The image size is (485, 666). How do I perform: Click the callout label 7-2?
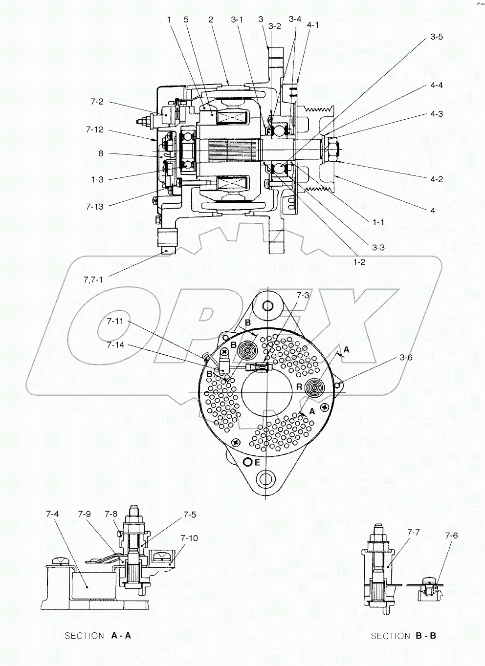click(x=97, y=102)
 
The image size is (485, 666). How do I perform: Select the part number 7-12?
click(x=94, y=129)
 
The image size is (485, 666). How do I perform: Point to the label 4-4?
click(x=437, y=86)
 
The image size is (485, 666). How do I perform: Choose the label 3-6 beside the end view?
click(x=406, y=358)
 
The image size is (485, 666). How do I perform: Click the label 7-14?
click(x=116, y=344)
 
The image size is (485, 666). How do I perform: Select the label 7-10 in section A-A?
click(x=189, y=538)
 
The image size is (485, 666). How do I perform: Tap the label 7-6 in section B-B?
click(x=451, y=536)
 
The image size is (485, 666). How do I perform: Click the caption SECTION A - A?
click(x=98, y=636)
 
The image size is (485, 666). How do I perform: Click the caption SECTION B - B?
click(x=403, y=636)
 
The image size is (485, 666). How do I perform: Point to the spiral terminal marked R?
click(x=315, y=389)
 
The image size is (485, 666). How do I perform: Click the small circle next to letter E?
click(x=248, y=462)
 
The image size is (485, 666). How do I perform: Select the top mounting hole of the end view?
click(x=267, y=306)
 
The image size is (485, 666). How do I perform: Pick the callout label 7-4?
click(x=52, y=515)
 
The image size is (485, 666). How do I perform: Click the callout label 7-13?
click(x=95, y=206)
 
